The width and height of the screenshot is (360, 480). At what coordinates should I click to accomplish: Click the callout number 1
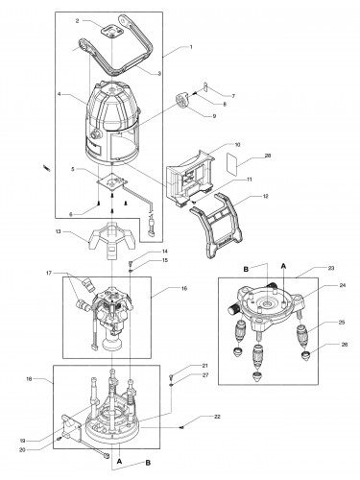click(x=191, y=47)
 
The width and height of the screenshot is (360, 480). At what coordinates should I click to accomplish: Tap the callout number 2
click(x=77, y=21)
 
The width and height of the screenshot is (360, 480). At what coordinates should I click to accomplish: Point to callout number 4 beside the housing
click(x=60, y=94)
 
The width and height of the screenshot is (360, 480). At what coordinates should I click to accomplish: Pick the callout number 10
click(x=237, y=145)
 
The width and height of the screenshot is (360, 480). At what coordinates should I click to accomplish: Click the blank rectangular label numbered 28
click(x=232, y=164)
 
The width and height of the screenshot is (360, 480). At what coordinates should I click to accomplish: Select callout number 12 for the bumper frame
click(x=266, y=196)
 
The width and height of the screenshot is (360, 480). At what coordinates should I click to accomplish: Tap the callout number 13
click(x=59, y=231)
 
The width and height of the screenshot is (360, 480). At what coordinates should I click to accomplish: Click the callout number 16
click(x=184, y=288)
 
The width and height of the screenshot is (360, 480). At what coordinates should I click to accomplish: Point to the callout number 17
click(x=49, y=273)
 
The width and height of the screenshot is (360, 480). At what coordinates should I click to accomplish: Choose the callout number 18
click(x=29, y=378)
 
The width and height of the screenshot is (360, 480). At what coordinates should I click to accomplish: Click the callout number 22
click(x=217, y=417)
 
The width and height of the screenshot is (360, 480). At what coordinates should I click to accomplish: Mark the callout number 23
click(x=331, y=268)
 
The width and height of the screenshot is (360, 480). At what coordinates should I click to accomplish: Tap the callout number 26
click(x=345, y=345)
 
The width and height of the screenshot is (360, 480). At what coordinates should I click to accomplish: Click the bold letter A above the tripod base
click(x=283, y=266)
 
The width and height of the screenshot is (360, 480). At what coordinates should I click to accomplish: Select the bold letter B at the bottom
click(x=148, y=463)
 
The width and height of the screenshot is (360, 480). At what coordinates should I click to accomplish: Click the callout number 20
click(x=22, y=449)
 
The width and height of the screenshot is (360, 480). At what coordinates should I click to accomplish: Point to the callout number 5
click(x=73, y=169)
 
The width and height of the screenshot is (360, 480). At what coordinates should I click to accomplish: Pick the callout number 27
click(x=205, y=375)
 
